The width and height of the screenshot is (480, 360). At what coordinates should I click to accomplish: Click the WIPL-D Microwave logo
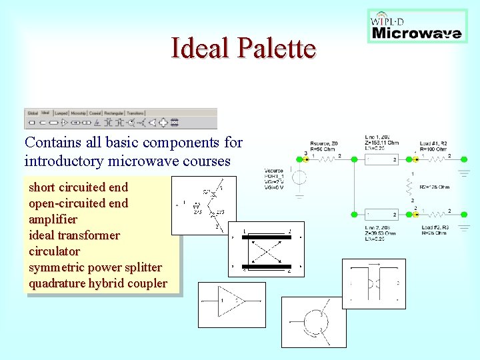click(417, 27)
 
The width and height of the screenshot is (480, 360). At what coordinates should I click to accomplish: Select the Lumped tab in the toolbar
click(61, 113)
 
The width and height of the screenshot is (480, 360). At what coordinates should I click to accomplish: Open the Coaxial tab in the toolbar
click(95, 113)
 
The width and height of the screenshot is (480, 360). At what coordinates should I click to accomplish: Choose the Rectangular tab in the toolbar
click(114, 113)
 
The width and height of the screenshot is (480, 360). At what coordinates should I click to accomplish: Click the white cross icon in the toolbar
click(163, 123)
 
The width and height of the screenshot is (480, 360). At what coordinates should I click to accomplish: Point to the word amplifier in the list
click(53, 219)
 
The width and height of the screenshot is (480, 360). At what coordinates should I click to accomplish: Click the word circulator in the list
click(54, 251)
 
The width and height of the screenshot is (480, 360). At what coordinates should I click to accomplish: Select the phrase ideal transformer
click(74, 235)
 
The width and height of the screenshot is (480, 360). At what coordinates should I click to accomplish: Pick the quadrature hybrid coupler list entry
click(97, 283)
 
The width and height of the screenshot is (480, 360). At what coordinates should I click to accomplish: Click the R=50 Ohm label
click(323, 149)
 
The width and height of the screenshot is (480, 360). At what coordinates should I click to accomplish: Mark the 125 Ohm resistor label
click(434, 187)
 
